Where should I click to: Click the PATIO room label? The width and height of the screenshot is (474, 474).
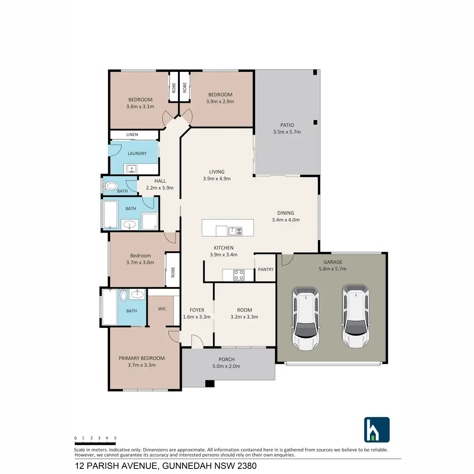287,125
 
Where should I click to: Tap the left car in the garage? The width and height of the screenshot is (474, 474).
305,319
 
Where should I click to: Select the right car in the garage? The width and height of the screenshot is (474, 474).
356,316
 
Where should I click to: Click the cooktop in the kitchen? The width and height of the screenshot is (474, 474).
238,275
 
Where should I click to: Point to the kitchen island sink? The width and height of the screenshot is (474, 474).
237,231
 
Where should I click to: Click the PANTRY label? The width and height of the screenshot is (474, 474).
265,269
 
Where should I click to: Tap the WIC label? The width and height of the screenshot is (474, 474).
162,309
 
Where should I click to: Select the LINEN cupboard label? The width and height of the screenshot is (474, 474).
132,135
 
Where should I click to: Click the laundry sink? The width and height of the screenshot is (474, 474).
132,169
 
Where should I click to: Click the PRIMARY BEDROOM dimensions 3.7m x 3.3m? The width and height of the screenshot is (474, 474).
141,365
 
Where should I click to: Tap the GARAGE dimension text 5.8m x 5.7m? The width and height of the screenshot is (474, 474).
333,269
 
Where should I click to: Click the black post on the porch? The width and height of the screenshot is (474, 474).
210,384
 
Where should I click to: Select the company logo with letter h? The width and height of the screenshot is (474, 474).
376,430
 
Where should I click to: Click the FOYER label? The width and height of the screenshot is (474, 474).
197,310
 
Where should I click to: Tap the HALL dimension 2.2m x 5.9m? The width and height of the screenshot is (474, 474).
160,188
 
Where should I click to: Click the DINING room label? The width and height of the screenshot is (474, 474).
286,213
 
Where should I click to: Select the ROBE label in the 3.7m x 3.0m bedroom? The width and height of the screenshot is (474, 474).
173,272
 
